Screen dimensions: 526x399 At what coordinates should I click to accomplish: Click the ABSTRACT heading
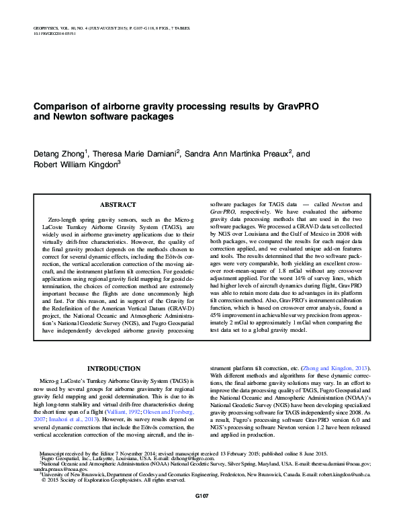coord(118,204)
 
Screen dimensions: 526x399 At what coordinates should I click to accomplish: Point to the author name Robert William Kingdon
coord(75,165)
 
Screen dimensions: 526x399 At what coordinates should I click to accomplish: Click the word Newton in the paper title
coord(69,116)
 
